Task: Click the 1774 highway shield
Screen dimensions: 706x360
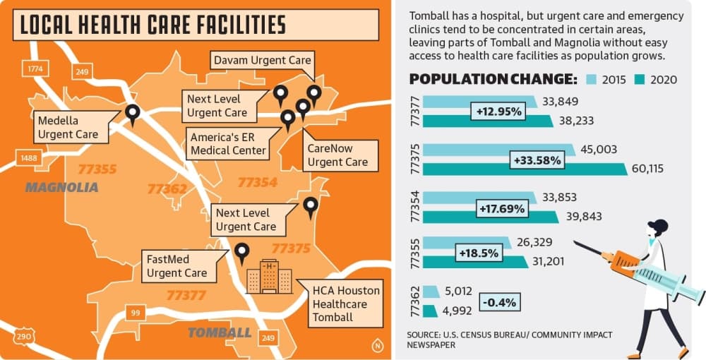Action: [35, 68]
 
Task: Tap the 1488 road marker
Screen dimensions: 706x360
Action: [28, 158]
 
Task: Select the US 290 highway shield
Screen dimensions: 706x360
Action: [24, 337]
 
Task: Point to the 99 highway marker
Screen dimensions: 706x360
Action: [136, 313]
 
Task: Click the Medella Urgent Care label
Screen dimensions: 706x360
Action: [68, 127]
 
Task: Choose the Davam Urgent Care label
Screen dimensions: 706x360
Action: [263, 60]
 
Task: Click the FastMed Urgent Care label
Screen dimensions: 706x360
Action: [177, 266]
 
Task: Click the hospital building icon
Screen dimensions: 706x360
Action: [269, 276]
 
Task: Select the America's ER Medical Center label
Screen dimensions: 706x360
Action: [228, 143]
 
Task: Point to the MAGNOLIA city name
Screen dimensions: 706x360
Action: [61, 187]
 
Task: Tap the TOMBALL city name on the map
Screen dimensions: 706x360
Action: [220, 332]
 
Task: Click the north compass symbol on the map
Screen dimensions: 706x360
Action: [377, 345]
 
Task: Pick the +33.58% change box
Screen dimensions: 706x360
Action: [537, 160]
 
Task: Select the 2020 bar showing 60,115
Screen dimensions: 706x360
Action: [525, 169]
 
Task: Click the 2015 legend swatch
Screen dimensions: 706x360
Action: [592, 80]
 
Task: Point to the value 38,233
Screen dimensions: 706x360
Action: [576, 121]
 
